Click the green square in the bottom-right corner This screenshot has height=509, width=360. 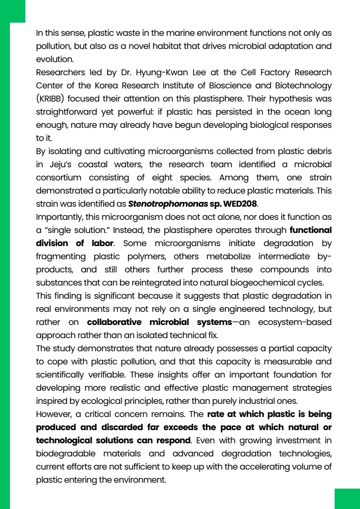click(347, 499)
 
